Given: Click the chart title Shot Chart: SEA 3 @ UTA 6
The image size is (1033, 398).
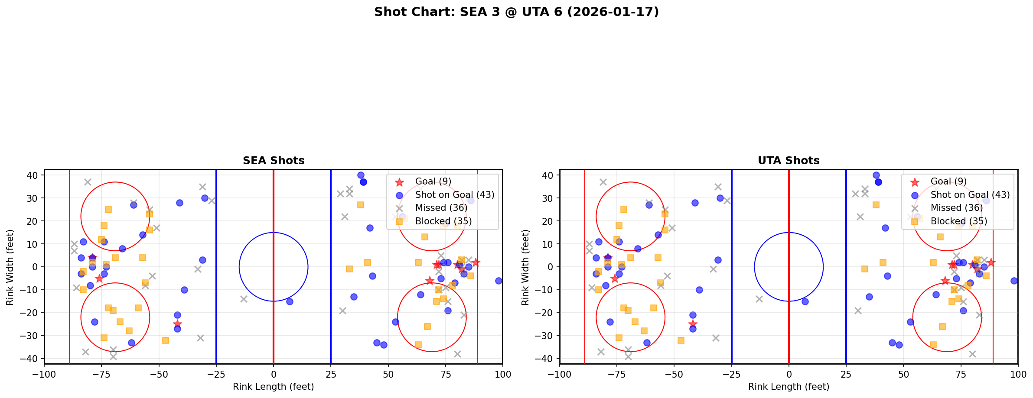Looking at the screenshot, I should pyautogui.click(x=516, y=12).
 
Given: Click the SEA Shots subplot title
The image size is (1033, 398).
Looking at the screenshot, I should pyautogui.click(x=274, y=161).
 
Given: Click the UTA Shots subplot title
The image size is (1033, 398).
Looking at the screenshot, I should pyautogui.click(x=789, y=161).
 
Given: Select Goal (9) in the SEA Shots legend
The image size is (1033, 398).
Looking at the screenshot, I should pyautogui.click(x=433, y=181).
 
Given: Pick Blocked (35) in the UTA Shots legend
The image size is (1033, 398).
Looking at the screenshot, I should pyautogui.click(x=958, y=221).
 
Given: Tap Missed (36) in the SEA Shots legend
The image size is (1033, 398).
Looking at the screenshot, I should pyautogui.click(x=441, y=208).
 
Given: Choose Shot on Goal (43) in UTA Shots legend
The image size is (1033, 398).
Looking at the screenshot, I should pyautogui.click(x=970, y=195).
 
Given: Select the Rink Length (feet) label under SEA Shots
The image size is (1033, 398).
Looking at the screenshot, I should pyautogui.click(x=274, y=387).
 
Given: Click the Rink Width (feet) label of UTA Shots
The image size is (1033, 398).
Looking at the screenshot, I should pyautogui.click(x=525, y=267).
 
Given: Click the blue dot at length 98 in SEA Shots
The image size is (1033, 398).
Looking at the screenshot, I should pyautogui.click(x=499, y=281).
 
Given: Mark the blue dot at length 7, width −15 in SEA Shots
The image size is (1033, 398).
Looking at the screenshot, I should pyautogui.click(x=290, y=301).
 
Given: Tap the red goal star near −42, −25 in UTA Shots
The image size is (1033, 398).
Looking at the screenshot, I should pyautogui.click(x=693, y=324).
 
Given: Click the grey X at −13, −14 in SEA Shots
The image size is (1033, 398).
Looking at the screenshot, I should pyautogui.click(x=244, y=299).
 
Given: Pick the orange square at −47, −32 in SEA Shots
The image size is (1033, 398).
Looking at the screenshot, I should pyautogui.click(x=166, y=340).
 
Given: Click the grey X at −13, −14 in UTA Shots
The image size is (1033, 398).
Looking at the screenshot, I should pyautogui.click(x=759, y=299).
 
